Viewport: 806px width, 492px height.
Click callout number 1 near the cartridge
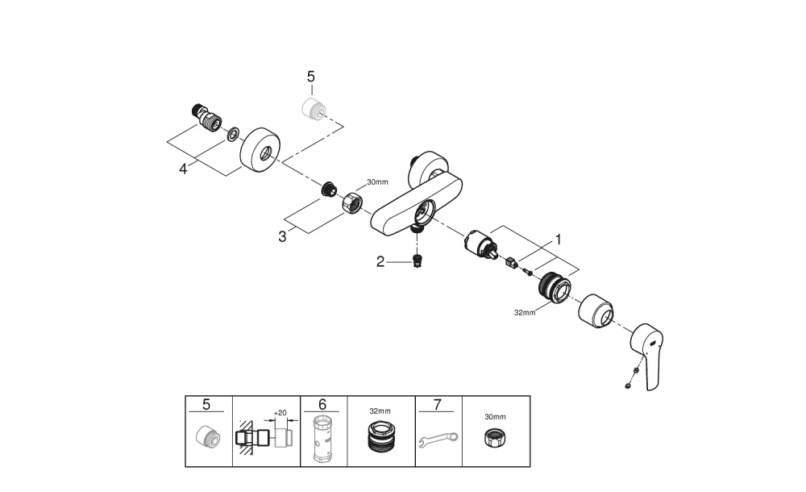pos(556,240)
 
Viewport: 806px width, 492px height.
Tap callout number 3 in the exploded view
pos(282,236)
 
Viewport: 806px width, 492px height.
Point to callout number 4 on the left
pos(184,169)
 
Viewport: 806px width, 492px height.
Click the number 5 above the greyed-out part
pos(311,77)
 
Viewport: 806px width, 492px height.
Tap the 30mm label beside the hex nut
pos(377,182)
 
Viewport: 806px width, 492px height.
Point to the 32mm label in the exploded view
pos(524,313)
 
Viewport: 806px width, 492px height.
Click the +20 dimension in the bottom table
pos(280,413)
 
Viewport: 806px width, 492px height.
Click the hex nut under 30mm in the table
pos(496,440)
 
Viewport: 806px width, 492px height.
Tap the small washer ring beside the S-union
pos(232,133)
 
